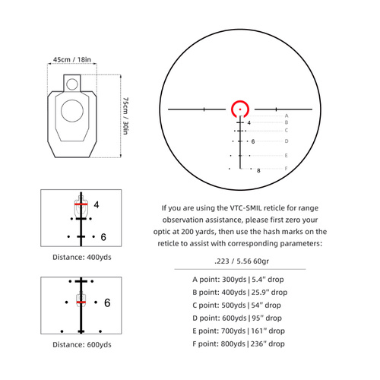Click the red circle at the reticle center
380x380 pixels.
click(242, 109)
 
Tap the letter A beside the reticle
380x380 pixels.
click(286, 115)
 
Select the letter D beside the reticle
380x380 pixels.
click(286, 141)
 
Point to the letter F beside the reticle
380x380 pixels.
click(286, 168)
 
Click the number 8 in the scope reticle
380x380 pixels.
click(258, 171)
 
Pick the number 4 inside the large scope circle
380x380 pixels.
click(249, 122)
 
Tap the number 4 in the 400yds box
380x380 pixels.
click(97, 204)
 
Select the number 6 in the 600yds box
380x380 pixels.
click(107, 302)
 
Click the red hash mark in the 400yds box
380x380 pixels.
click(80, 204)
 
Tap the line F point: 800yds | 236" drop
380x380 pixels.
click(239, 344)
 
